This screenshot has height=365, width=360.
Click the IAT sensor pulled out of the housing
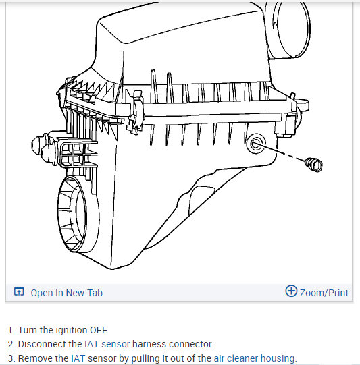tap(313, 165)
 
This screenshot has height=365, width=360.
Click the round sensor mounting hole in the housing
tap(255, 144)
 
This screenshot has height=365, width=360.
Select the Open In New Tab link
tap(66, 293)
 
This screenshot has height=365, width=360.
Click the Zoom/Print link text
tap(324, 293)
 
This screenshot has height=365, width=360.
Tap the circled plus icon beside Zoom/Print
tap(291, 291)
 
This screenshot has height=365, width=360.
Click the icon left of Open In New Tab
tap(19, 291)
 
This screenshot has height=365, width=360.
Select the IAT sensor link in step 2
tap(107, 344)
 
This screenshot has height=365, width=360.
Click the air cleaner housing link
tap(255, 358)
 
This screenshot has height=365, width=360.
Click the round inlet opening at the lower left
tap(78, 214)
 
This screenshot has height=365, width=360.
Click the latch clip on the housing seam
tap(136, 112)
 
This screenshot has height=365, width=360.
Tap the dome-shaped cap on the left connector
tap(37, 145)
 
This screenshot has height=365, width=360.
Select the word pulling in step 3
tap(145, 359)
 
